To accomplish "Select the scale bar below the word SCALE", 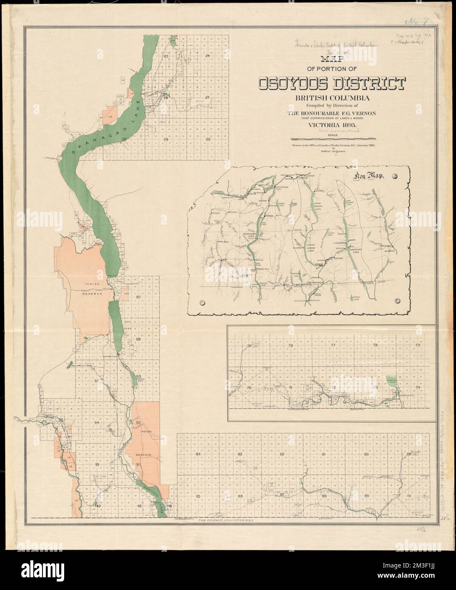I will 333,139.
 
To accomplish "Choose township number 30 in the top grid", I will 208,139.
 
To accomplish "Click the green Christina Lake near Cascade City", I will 390,381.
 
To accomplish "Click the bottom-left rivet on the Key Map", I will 202,302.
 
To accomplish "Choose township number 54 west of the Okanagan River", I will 97,423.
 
